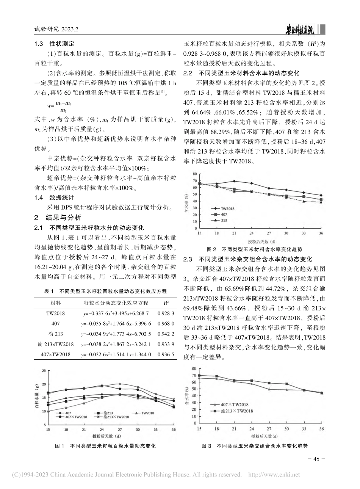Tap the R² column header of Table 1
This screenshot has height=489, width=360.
click(166, 303)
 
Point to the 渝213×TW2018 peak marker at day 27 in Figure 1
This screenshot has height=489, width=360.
click(120, 384)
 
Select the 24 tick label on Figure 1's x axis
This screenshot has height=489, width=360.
click(102, 430)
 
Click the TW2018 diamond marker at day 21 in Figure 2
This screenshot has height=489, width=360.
click(234, 181)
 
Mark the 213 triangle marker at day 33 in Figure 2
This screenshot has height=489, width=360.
click(304, 201)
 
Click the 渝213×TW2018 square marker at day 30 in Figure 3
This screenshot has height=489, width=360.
click(286, 384)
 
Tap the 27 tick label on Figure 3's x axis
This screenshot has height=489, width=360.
click(269, 429)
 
